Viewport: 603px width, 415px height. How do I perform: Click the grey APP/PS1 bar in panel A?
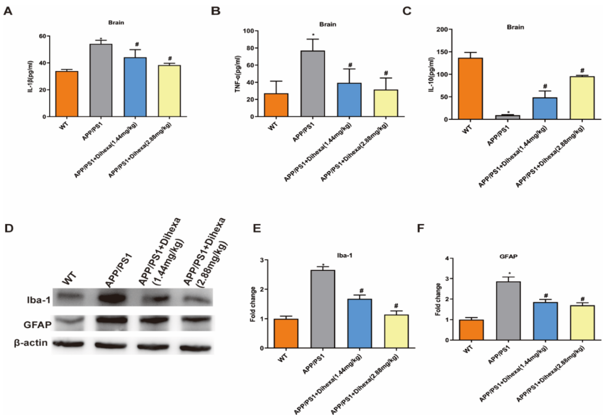100,80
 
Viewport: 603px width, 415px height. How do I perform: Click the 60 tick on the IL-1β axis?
42,36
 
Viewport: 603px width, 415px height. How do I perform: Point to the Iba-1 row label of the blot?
28,299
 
